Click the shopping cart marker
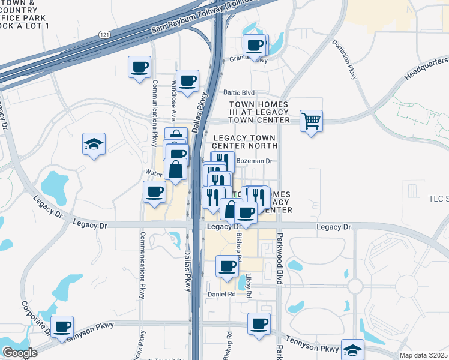[311, 121]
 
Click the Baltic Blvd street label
[240, 93]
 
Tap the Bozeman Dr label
[255, 161]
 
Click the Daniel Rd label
[221, 294]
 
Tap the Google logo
[19, 353]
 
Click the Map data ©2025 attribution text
[424, 355]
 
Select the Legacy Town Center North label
[245, 142]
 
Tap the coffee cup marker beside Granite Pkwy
[255, 44]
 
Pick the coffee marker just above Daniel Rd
[227, 266]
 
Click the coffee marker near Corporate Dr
[62, 326]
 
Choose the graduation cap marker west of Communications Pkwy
[94, 144]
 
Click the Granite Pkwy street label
[248, 59]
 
